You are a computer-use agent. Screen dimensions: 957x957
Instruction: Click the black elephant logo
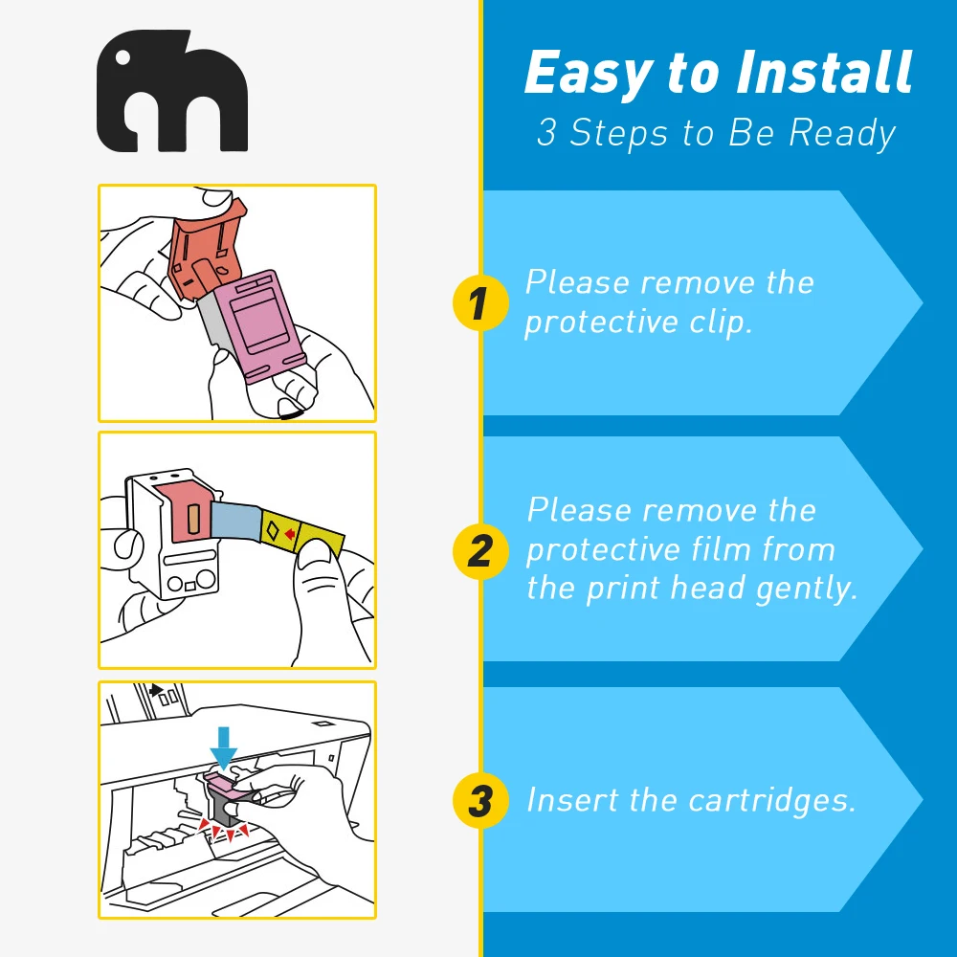tap(172, 91)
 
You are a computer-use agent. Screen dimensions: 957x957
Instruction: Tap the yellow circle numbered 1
tap(478, 304)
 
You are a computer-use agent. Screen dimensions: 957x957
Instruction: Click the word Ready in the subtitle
tap(842, 133)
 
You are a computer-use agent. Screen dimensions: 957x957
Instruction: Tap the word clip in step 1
tap(722, 323)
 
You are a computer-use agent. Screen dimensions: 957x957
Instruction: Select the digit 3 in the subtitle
tap(546, 133)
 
